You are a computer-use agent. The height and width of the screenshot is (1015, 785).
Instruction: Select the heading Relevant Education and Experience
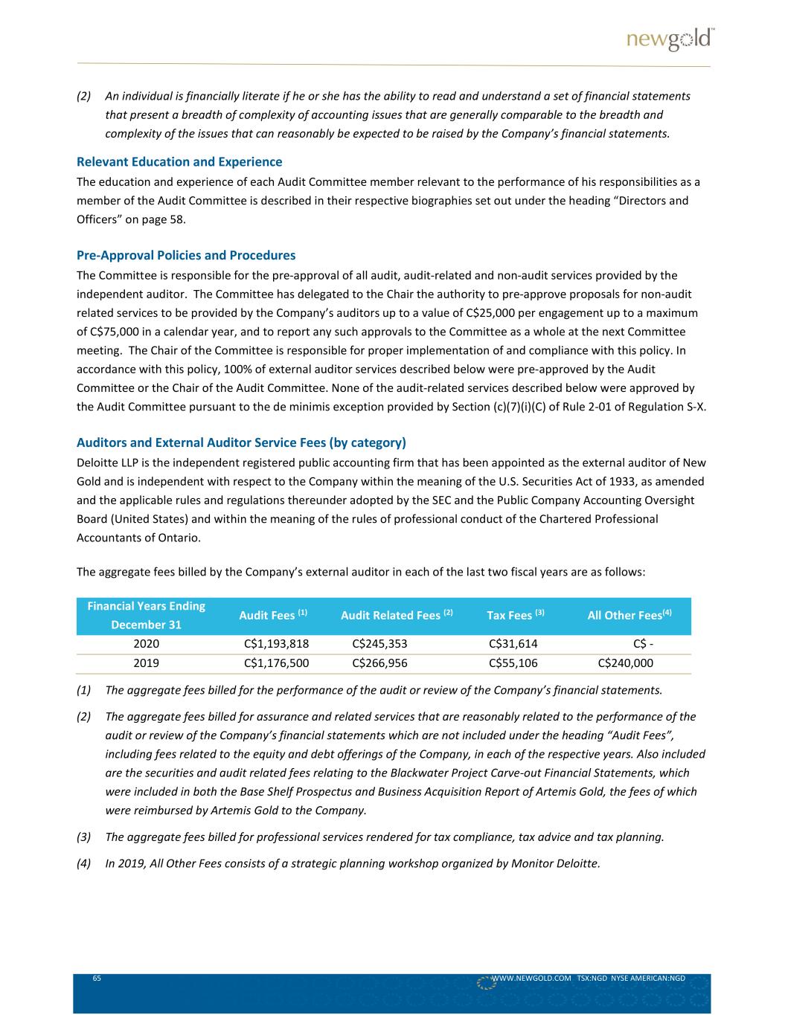tap(179, 161)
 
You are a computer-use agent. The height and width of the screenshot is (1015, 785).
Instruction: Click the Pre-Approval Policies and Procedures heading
tap(186, 255)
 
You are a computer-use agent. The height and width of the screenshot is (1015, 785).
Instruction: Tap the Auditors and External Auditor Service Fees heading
tap(241, 442)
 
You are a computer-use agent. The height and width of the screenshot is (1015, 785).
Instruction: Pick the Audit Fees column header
tap(273, 615)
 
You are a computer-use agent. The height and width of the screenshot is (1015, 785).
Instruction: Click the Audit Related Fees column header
tap(397, 615)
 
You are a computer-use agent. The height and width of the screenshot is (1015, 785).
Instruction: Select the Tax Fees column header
tap(516, 615)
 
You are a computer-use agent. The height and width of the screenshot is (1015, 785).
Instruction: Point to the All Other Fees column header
tap(629, 615)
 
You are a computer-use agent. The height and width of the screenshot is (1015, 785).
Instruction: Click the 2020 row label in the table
tap(146, 644)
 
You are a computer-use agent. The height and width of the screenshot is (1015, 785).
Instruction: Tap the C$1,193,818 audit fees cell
tap(277, 644)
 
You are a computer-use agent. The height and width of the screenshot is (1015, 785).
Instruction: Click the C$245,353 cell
tap(379, 644)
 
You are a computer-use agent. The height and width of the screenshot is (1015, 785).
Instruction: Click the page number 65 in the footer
tap(97, 979)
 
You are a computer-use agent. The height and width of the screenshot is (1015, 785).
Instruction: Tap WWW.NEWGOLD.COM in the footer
tap(531, 979)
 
